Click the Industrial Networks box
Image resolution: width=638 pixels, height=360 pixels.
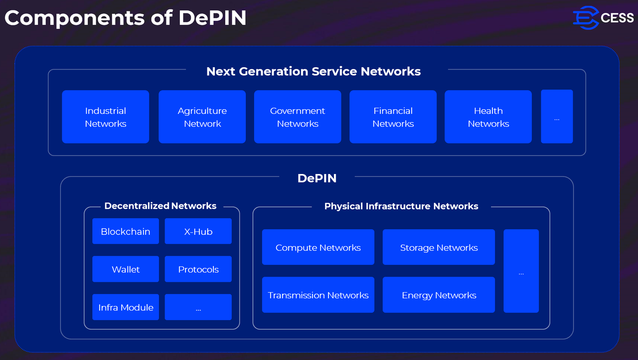105,117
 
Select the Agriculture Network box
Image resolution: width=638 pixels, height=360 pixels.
202,117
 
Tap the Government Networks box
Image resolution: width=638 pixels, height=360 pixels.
298,117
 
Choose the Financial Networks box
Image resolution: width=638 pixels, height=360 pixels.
393,117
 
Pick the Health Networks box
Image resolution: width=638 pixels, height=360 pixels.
488,117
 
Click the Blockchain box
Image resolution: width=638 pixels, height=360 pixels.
126,231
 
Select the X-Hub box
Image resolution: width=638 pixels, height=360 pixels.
198,231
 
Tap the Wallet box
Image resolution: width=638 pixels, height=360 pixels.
126,269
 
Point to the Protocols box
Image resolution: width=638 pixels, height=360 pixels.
198,269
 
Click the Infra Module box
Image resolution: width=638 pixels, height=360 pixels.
126,307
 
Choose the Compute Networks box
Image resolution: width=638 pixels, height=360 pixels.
318,247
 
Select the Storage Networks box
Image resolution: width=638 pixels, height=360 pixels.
439,247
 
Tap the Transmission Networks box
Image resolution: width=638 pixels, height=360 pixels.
318,295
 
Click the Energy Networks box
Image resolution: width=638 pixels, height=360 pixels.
439,295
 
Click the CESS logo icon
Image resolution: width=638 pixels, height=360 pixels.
585,17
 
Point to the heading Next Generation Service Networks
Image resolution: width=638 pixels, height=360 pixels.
314,71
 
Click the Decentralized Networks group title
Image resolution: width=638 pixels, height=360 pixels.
160,206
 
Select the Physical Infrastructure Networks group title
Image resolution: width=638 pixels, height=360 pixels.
401,206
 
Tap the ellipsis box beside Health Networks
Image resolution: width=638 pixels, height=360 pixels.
557,117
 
